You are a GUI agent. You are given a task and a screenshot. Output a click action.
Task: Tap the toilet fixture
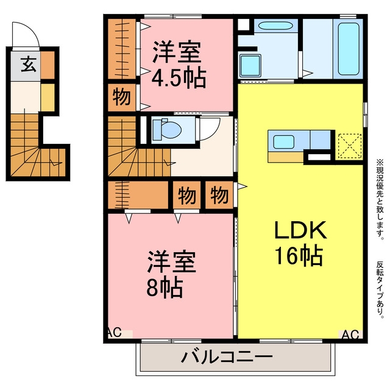[166, 130]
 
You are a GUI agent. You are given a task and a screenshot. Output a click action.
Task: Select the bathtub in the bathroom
[348, 49]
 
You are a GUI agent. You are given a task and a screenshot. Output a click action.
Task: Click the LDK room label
[300, 230]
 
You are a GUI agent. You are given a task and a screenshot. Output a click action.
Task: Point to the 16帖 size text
[299, 256]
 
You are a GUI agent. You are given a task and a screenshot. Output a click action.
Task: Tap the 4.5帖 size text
[179, 78]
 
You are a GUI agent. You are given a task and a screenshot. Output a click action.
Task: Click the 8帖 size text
[165, 288]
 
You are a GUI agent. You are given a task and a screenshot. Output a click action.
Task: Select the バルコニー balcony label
[226, 357]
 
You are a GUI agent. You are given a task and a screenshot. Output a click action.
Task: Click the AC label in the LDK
[350, 335]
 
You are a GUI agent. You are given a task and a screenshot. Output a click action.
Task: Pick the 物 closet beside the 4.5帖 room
[122, 97]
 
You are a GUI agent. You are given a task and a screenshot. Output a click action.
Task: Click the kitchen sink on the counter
[284, 142]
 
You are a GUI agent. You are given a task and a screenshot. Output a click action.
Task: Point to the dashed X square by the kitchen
[350, 146]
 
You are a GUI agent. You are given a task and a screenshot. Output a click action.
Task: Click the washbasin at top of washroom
[275, 26]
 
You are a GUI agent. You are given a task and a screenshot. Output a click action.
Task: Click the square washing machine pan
[250, 65]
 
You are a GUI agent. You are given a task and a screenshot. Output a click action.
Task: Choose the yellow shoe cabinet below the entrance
[48, 97]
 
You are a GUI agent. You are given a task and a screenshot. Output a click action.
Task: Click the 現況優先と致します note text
[380, 198]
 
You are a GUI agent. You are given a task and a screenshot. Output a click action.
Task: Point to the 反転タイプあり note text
[380, 289]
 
